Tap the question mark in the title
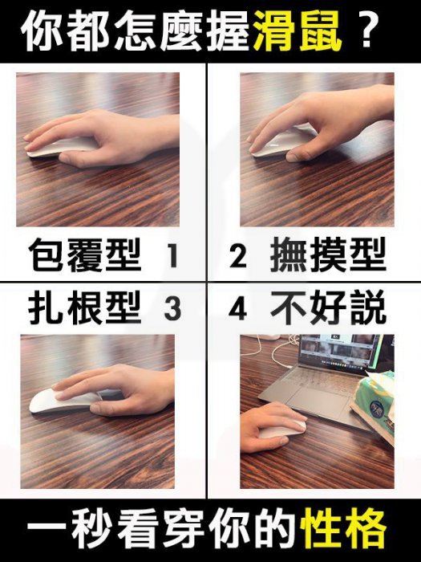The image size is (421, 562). (365, 31)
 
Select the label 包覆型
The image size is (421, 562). (85, 255)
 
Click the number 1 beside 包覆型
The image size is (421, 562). (173, 255)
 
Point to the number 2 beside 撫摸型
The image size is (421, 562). (237, 255)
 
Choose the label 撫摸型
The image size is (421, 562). (329, 255)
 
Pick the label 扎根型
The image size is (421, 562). (85, 307)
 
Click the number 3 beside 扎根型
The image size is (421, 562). (172, 308)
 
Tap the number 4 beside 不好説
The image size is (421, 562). (237, 308)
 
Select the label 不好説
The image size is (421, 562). (329, 307)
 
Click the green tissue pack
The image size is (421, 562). (374, 398)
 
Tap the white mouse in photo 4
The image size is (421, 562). (282, 429)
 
